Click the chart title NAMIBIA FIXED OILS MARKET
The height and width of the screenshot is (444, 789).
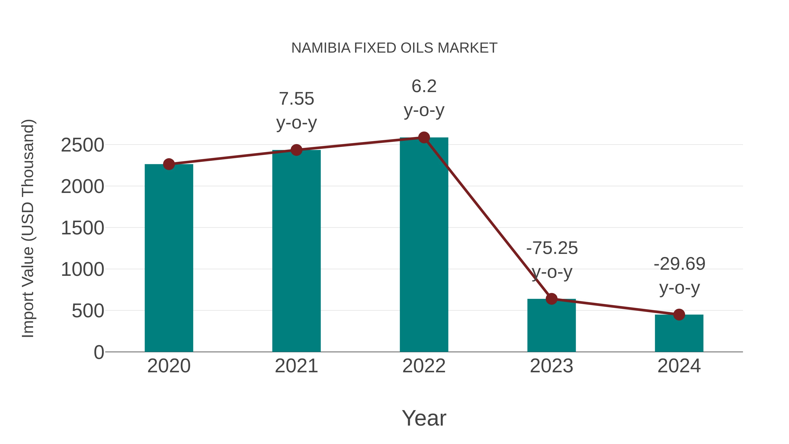pyautogui.click(x=394, y=48)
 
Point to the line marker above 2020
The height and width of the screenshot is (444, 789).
pyautogui.click(x=169, y=164)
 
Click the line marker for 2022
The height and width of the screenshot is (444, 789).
pyautogui.click(x=424, y=137)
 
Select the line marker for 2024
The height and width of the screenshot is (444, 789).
pyautogui.click(x=679, y=314)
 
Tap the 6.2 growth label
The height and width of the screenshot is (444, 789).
pyautogui.click(x=424, y=98)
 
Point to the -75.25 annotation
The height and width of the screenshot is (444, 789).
pyautogui.click(x=552, y=260)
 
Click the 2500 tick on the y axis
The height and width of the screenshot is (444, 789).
pyautogui.click(x=82, y=145)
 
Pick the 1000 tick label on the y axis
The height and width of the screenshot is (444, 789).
pyautogui.click(x=82, y=270)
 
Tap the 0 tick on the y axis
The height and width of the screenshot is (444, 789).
pyautogui.click(x=99, y=352)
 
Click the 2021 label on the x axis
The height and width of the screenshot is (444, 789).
pyautogui.click(x=296, y=366)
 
